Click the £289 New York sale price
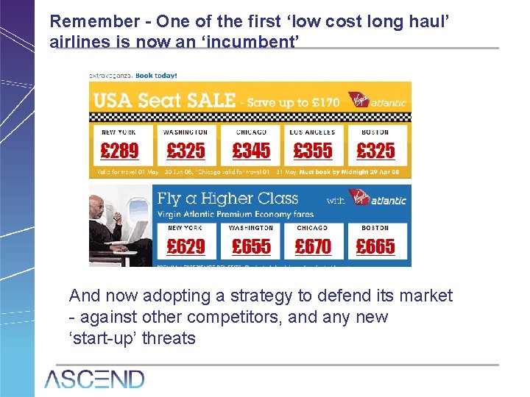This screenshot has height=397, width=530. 119,151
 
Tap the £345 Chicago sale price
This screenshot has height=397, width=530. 251,151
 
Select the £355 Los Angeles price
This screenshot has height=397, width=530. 313,151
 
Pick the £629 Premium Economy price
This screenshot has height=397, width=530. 185,246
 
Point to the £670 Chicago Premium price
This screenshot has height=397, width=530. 313,246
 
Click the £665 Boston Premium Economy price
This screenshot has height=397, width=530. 375,246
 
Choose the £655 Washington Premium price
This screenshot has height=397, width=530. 251,246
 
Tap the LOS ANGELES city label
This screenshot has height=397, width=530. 312,132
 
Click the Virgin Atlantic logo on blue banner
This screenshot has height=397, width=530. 375,199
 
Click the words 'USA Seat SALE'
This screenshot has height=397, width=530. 163,100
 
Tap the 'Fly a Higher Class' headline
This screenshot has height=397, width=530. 228,198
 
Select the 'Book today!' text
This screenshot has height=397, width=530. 155,75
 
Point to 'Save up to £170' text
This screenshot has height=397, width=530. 293,102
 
